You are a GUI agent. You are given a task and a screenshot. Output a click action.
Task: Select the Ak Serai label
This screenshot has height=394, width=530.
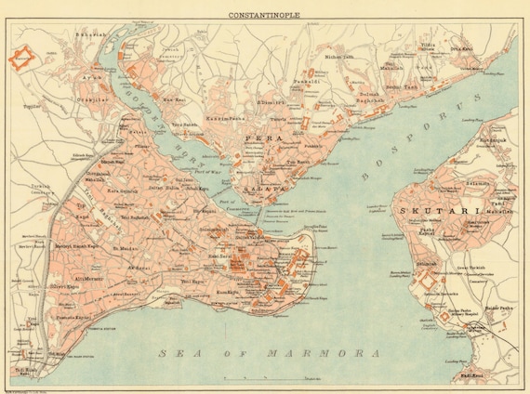(139, 266)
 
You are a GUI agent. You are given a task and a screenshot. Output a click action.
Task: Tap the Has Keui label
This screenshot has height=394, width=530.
(174, 98)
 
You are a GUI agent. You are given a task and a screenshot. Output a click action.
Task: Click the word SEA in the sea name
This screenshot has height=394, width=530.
(174, 354)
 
